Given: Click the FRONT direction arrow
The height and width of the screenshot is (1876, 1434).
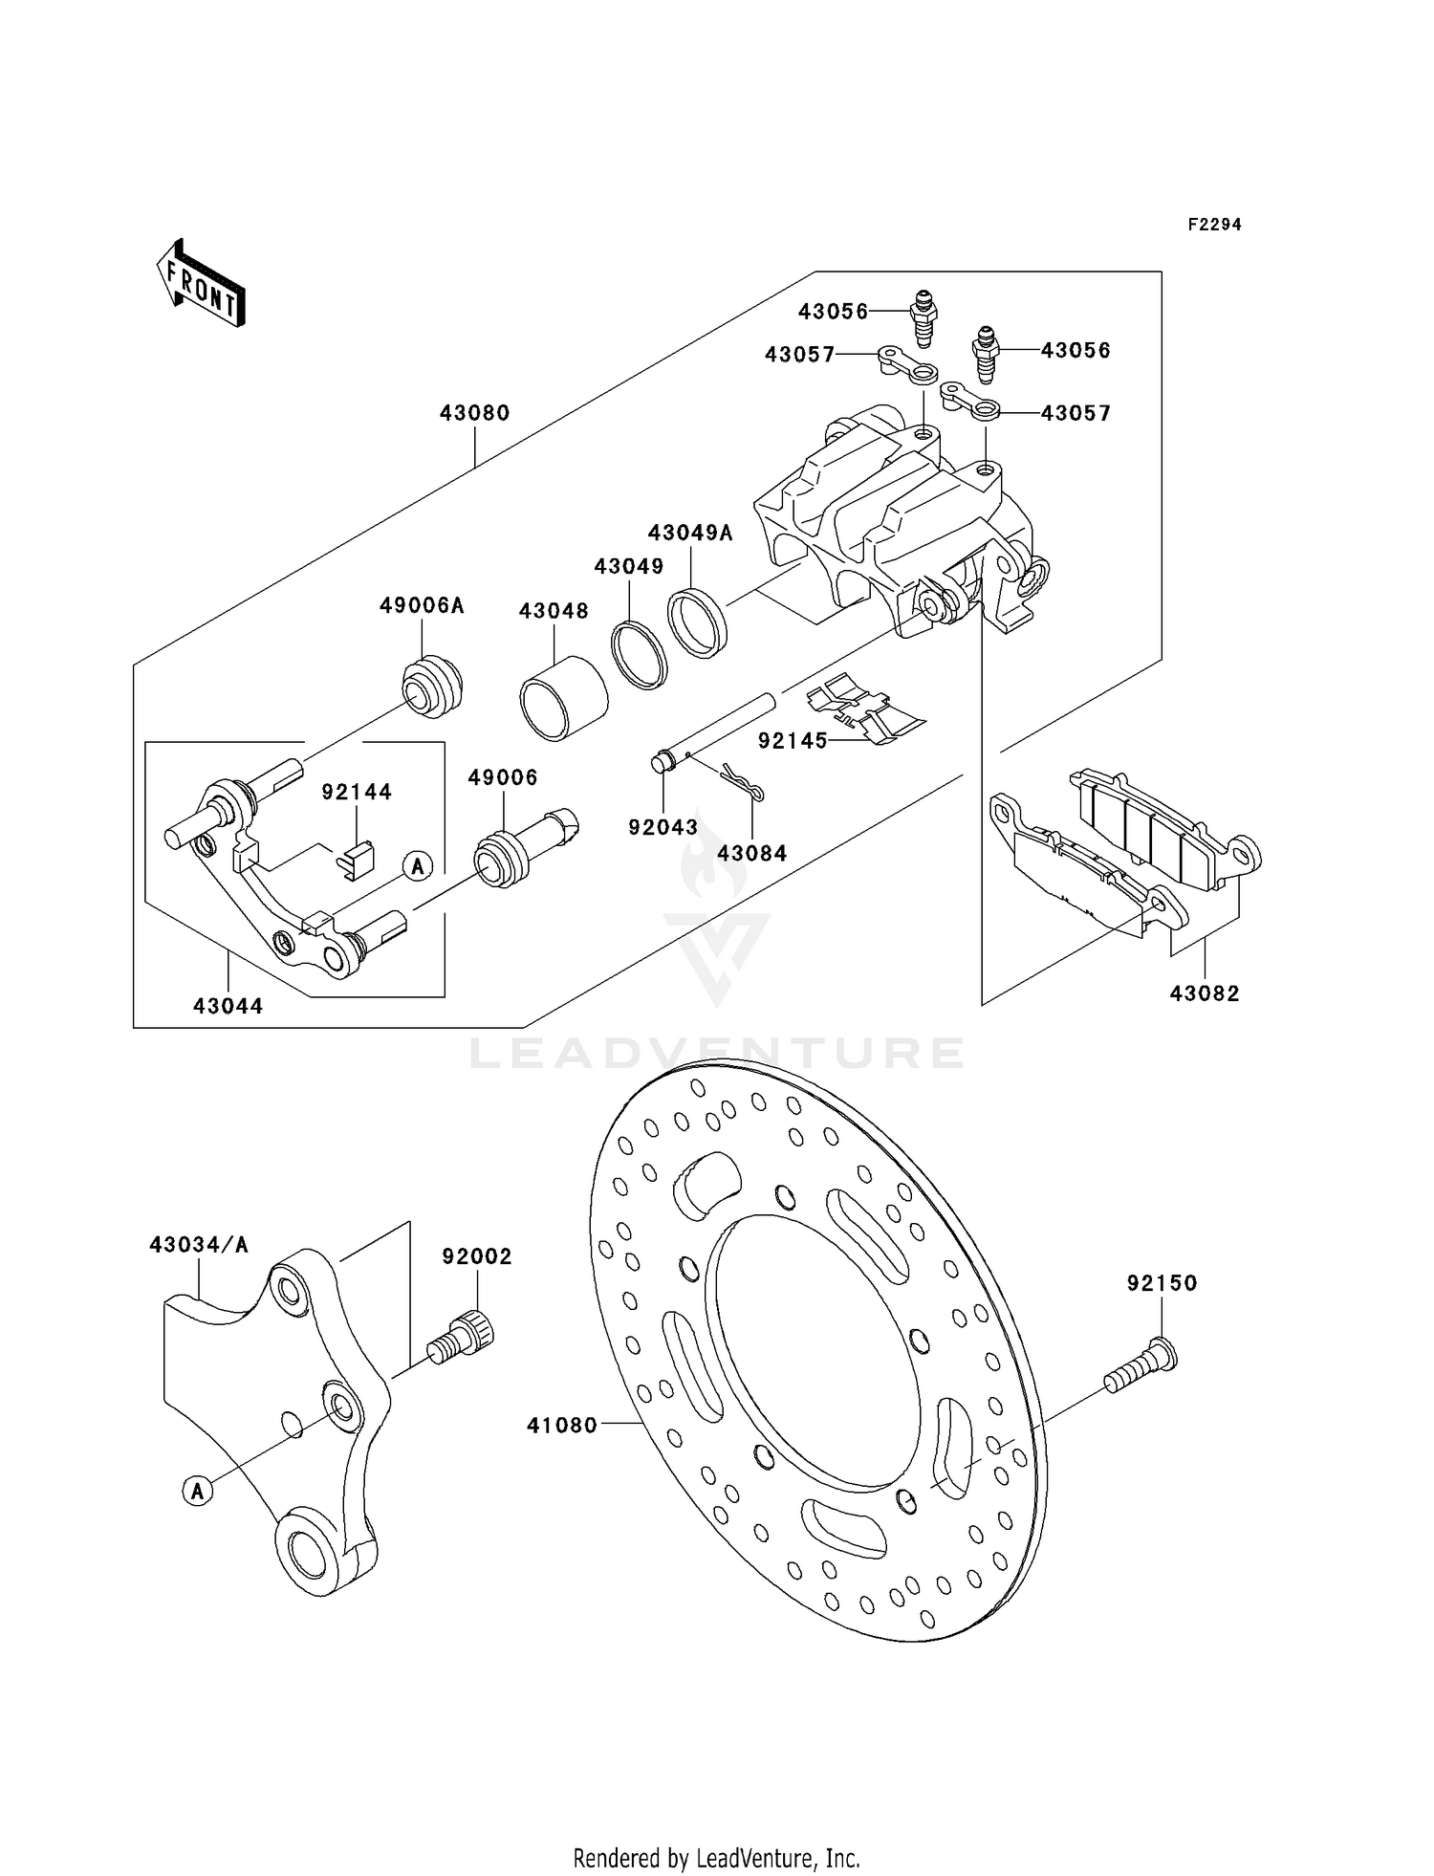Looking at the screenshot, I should (x=202, y=284).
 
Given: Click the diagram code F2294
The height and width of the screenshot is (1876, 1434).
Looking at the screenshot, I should (x=1214, y=225).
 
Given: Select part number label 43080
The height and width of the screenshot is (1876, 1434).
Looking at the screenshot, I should (x=474, y=413).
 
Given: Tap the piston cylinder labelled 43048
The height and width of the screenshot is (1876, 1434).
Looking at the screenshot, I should (x=564, y=698).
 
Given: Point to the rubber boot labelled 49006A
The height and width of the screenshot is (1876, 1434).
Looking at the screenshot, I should (x=432, y=685).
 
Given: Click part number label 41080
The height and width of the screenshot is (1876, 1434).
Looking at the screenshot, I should (x=561, y=1426).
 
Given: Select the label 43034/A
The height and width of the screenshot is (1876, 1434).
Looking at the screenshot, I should (x=199, y=1244).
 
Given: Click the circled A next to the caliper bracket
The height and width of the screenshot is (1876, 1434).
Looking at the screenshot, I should (x=417, y=866).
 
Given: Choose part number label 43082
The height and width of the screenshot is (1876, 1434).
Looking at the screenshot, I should (x=1204, y=993).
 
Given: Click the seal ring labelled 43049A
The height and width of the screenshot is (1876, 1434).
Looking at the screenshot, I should (x=698, y=624).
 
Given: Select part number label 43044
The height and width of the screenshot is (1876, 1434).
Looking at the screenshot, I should (x=228, y=1006).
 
